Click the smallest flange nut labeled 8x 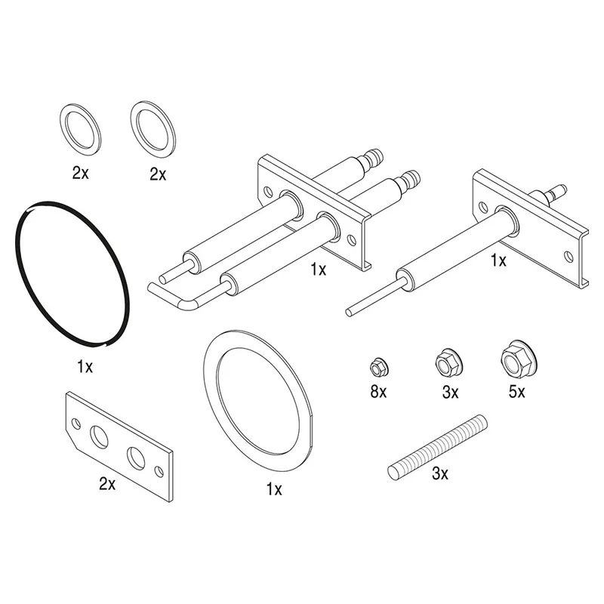click(x=379, y=368)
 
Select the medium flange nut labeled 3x click(x=448, y=363)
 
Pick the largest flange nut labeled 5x click(x=519, y=360)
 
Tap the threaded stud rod click(x=438, y=447)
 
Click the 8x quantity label click(x=378, y=392)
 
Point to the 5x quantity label click(x=516, y=392)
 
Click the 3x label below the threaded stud click(x=440, y=473)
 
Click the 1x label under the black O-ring click(x=85, y=366)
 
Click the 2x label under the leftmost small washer click(x=81, y=173)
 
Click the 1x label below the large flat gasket click(x=274, y=489)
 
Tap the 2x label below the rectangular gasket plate click(x=107, y=484)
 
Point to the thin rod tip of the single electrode click(x=349, y=312)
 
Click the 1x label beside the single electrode click(x=498, y=260)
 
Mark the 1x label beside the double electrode click(x=318, y=270)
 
